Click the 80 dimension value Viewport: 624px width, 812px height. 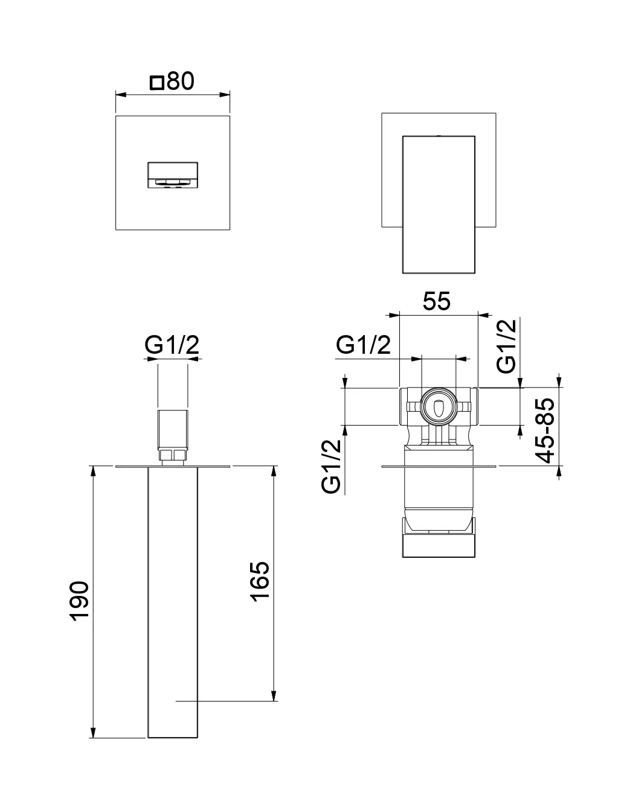tap(181, 81)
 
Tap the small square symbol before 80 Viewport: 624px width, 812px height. tap(157, 82)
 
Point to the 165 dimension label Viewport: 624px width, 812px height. tap(259, 581)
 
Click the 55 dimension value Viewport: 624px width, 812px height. tap(436, 301)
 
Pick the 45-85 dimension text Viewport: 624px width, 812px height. tap(546, 429)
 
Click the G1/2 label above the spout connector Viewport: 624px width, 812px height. tap(172, 345)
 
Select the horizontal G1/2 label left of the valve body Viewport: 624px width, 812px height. tap(363, 345)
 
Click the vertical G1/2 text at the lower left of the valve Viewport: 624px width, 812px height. tap(332, 467)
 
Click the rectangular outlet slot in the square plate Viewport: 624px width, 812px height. tap(172, 174)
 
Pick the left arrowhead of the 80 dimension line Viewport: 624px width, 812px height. tap(120, 95)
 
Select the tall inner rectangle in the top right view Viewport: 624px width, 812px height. tap(439, 204)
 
